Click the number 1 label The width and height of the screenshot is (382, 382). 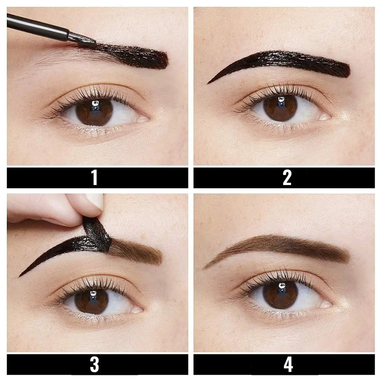94,178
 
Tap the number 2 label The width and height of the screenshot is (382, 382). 286,178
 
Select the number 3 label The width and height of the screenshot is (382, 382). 94,364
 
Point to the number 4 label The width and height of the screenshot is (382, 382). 288,364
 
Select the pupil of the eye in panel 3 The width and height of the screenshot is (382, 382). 91,300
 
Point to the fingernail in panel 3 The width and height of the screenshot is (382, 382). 95,201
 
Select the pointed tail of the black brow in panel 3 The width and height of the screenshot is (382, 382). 22,275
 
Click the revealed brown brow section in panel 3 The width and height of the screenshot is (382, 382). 138,253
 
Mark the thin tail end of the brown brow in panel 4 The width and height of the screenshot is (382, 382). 206,267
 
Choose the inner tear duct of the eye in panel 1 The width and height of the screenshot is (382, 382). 144,119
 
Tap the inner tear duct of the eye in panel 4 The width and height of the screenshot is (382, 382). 325,305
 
